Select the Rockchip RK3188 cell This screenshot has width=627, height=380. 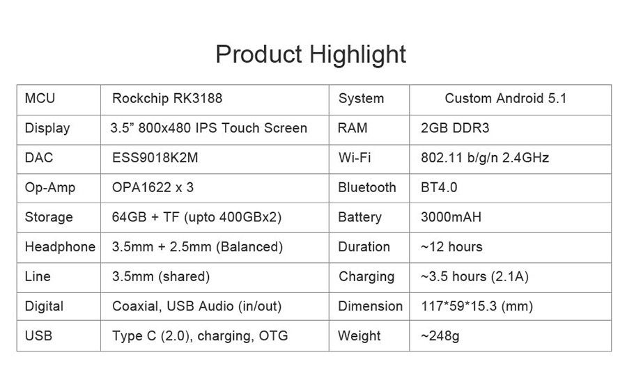[167, 98]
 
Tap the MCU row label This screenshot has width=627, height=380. [40, 98]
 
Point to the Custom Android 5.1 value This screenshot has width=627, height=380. [506, 98]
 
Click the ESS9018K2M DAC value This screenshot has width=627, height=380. [155, 158]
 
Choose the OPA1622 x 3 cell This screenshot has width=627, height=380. [153, 187]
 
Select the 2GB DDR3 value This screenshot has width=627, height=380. [455, 128]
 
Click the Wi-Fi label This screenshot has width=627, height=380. [355, 158]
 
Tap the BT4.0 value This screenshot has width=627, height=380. [439, 187]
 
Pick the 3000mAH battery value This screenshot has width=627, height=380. [451, 217]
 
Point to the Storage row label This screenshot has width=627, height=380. [49, 217]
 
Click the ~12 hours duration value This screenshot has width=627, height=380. [451, 246]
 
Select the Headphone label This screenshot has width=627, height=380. [60, 247]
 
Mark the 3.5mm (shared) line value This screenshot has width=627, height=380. [161, 276]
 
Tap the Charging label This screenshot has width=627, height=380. [366, 277]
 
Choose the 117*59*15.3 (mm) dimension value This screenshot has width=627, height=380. [477, 306]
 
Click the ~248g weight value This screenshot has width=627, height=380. [440, 336]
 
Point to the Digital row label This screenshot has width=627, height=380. [44, 306]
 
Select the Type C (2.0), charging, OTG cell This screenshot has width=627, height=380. [200, 335]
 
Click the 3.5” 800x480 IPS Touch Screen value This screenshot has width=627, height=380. [209, 128]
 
